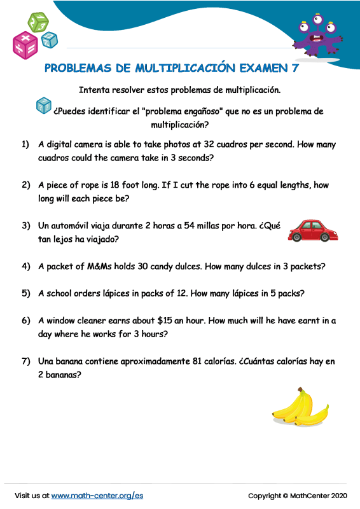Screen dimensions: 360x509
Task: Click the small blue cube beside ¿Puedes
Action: [x=43, y=106]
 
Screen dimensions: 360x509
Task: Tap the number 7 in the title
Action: [x=294, y=67]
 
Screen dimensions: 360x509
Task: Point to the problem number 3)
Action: [x=26, y=226]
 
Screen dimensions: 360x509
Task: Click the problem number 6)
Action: [x=26, y=320]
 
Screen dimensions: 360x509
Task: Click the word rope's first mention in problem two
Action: [x=85, y=185]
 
